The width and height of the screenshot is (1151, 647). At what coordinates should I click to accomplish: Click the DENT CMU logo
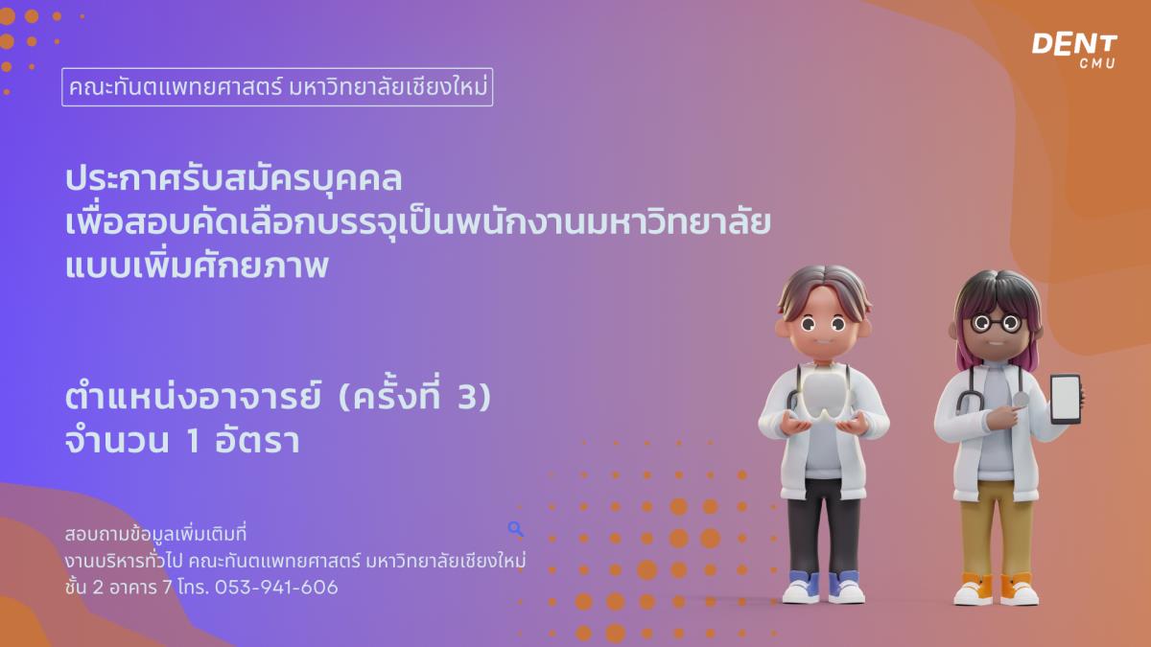[x=1074, y=50]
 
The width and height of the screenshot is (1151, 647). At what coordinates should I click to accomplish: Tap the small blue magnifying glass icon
[x=515, y=528]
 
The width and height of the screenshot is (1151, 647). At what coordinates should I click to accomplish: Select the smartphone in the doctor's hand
[x=1065, y=399]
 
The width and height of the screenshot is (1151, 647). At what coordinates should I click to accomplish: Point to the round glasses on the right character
[x=996, y=323]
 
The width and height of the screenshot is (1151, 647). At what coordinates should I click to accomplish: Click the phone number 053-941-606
[x=276, y=587]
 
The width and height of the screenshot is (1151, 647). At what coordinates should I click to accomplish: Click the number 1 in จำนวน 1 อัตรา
[x=193, y=442]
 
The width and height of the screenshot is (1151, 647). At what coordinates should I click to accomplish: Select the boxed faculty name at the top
[x=277, y=87]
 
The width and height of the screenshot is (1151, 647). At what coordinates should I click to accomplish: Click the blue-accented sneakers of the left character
[x=823, y=587]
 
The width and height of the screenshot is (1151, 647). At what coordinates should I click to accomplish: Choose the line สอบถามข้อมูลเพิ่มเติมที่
[x=155, y=534]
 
